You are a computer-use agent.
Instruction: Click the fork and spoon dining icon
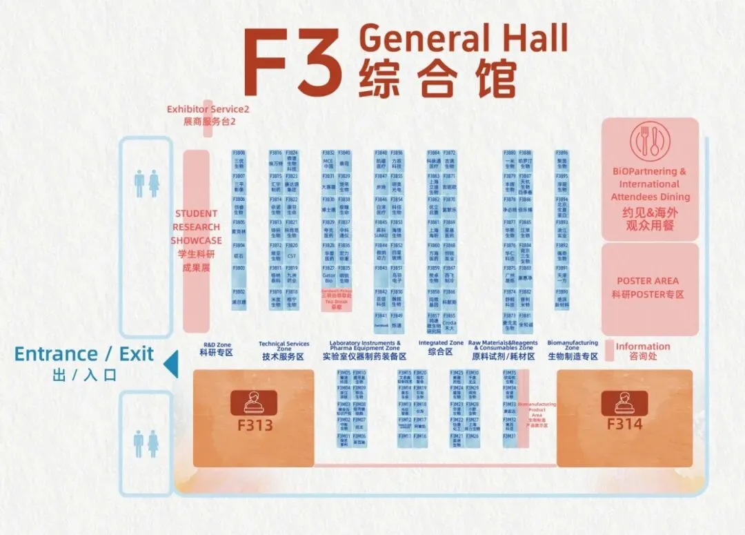(x=649, y=142)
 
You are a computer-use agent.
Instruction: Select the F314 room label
(x=624, y=423)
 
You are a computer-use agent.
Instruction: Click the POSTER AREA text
(x=647, y=281)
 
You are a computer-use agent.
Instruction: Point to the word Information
(x=642, y=347)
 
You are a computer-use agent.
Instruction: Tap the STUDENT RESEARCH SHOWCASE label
(x=197, y=226)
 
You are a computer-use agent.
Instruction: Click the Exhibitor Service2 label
(x=208, y=109)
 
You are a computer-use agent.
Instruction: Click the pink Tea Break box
(x=337, y=300)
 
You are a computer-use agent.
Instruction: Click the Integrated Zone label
(x=441, y=343)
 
